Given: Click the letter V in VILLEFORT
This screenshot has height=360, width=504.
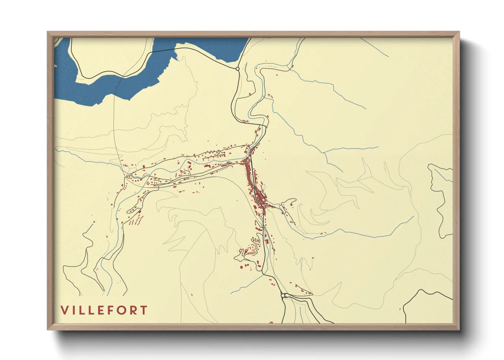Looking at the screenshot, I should [64, 310].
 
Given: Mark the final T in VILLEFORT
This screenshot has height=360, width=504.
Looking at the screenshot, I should [144, 310].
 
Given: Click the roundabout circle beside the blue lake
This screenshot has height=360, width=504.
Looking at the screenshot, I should [237, 69].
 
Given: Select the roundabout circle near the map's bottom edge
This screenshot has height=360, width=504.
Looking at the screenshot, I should [283, 296].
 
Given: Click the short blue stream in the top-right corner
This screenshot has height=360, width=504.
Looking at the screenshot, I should [375, 47].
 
